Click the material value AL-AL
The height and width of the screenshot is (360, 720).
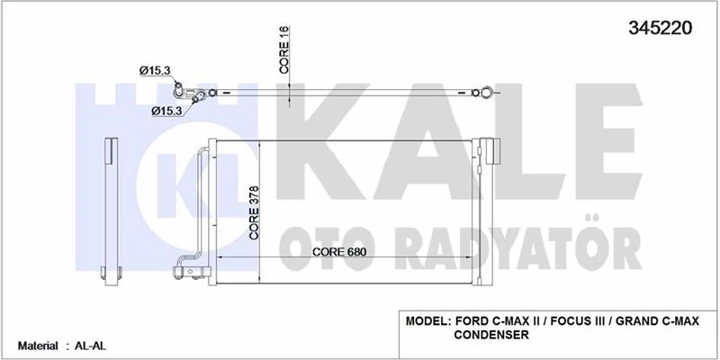tap(87, 346)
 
